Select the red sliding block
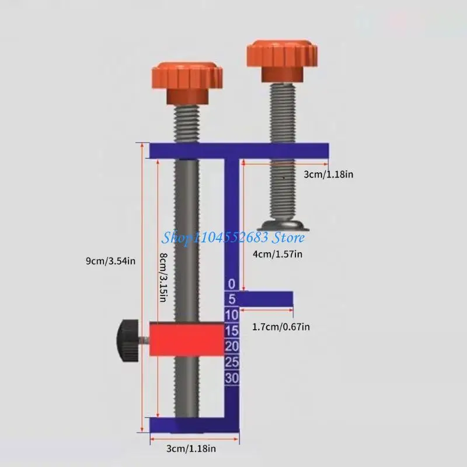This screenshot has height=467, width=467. (186, 339)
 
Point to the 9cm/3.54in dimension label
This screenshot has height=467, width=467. (110, 261)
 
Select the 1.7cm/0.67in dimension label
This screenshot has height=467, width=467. (280, 327)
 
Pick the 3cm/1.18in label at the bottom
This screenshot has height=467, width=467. (191, 448)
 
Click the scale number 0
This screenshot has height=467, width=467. (232, 284)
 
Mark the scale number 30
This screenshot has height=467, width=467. (232, 378)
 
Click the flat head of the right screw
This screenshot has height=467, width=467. (283, 225)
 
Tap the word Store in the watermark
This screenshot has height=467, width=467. (289, 237)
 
